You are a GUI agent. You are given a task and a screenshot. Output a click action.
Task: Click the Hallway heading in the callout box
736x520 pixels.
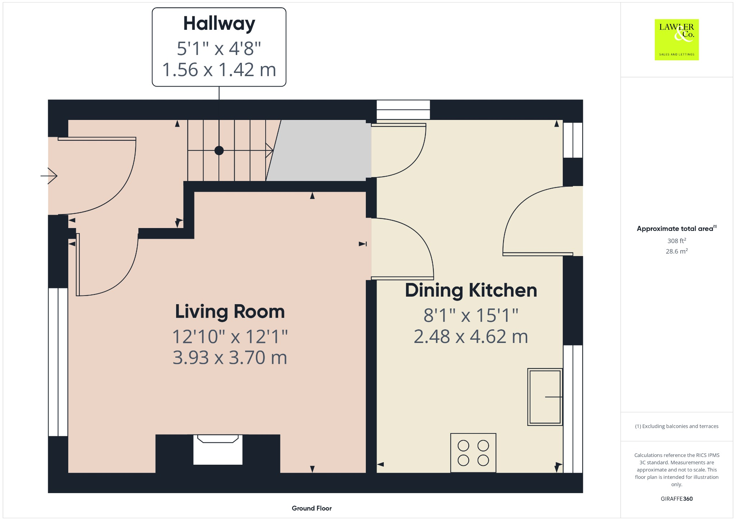(x=219, y=24)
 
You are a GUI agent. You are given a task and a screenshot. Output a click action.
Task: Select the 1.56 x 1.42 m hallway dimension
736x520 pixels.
(x=219, y=70)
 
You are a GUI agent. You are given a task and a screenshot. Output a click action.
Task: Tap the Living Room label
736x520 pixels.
(x=230, y=311)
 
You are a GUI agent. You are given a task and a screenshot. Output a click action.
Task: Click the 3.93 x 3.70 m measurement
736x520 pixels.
(x=230, y=358)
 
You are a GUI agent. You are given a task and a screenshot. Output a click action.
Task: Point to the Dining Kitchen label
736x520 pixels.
(x=471, y=290)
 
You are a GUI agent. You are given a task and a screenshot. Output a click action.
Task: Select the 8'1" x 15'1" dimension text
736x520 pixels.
(x=471, y=315)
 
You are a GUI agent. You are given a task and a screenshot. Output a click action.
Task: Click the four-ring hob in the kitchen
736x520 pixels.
(x=473, y=453)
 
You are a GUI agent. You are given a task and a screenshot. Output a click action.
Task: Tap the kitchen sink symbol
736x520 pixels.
(x=545, y=397)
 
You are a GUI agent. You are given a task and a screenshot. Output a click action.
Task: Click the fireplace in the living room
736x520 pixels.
(x=218, y=450)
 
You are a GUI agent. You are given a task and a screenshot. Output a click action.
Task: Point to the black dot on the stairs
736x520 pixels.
(x=219, y=150)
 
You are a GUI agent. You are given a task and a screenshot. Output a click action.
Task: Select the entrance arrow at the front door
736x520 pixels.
(x=50, y=176)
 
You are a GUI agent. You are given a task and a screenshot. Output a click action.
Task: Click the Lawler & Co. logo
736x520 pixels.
(x=676, y=40)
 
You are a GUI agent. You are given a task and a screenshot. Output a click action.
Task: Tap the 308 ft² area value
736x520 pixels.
(x=676, y=241)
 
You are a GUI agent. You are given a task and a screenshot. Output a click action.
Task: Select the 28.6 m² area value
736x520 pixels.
(x=676, y=251)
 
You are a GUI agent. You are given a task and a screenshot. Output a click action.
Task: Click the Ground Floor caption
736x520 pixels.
(x=312, y=508)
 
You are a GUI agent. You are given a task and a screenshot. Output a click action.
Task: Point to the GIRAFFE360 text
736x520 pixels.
(x=676, y=499)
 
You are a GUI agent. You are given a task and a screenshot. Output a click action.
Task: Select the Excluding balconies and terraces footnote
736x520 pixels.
(x=676, y=426)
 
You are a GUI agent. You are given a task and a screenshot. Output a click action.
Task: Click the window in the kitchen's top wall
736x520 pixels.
(x=403, y=110)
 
